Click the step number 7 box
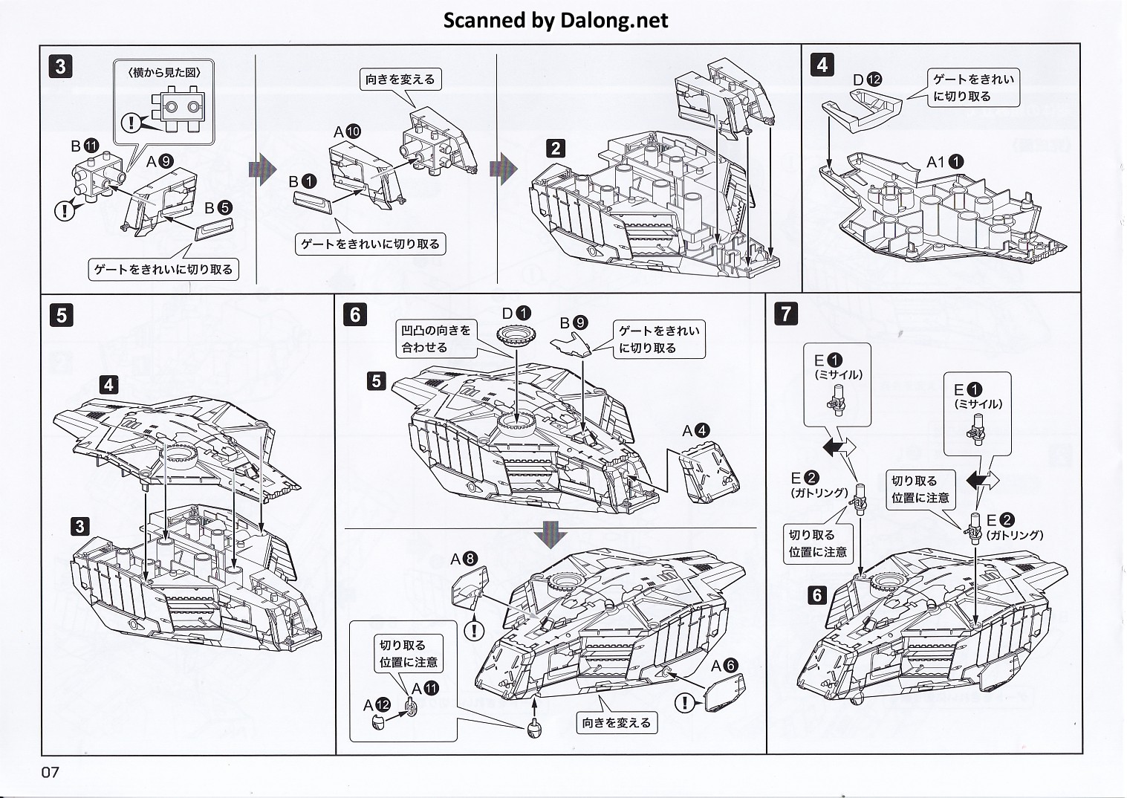coord(786,314)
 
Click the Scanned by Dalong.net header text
coord(556,20)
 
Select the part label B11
coord(84,146)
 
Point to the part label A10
coord(347,132)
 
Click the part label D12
coord(867,80)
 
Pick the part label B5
coord(219,209)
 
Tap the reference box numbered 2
coord(556,148)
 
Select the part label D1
coord(516,314)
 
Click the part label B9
coord(574,322)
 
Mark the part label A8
coord(464,559)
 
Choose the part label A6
coord(724,666)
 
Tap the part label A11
coord(425,689)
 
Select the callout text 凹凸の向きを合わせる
coord(436,339)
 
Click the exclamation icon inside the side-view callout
coord(131,121)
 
